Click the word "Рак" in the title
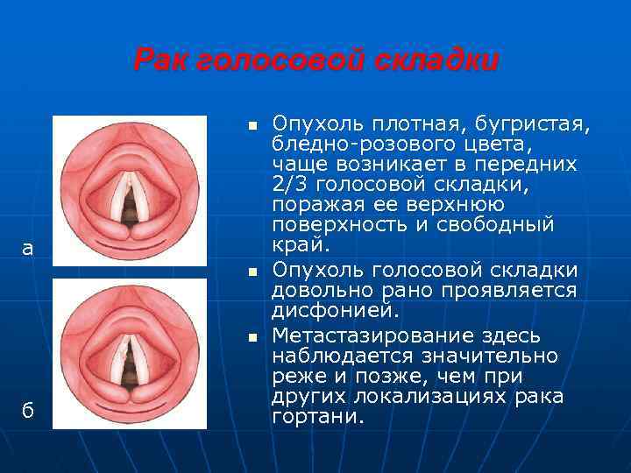pyautogui.click(x=162, y=60)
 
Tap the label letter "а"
pyautogui.click(x=28, y=249)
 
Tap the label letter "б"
pyautogui.click(x=28, y=411)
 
